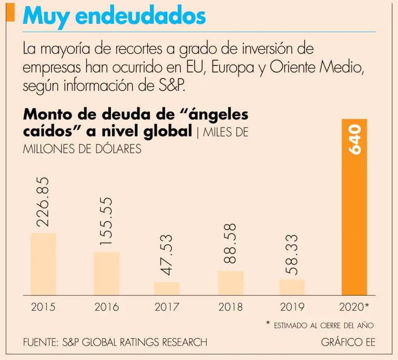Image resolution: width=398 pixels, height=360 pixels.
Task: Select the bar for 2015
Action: [43, 264]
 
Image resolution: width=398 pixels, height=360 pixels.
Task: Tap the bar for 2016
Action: [106, 273]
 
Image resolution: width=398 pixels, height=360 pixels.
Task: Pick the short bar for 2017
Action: [167, 288]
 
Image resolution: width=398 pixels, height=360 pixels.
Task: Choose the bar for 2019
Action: [292, 287]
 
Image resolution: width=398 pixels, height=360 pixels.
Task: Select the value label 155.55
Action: [106, 221]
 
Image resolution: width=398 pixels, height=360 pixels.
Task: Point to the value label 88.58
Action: [230, 243]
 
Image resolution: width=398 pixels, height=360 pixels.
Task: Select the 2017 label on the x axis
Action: [167, 307]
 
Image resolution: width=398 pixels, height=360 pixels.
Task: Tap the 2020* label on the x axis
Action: [354, 307]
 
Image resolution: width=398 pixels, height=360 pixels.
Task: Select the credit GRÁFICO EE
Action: [348, 342]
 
